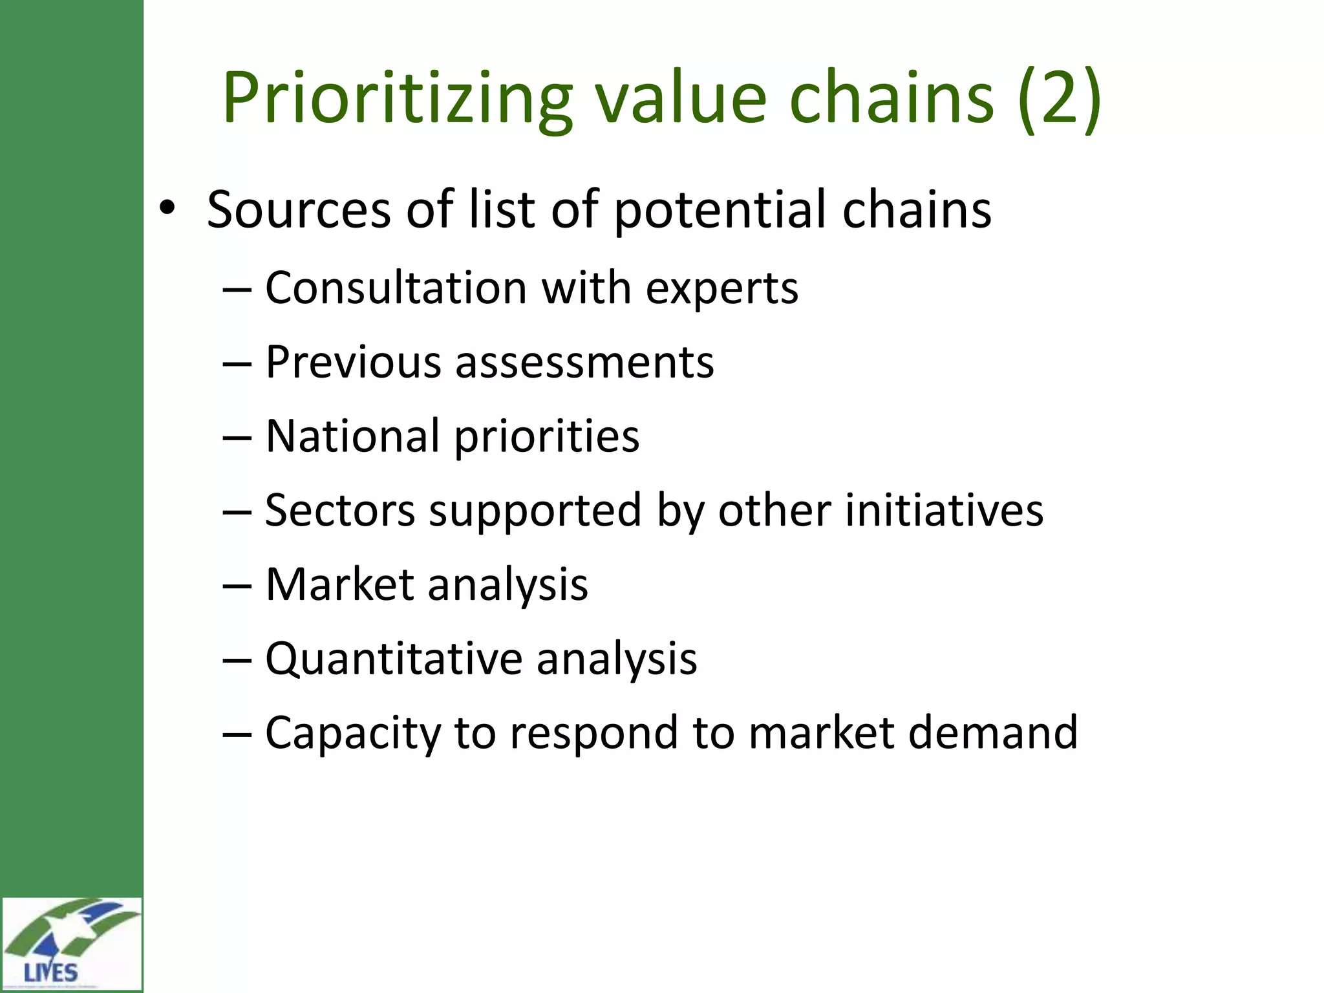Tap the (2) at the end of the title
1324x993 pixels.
[x=1060, y=98]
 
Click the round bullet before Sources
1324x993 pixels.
[x=167, y=208]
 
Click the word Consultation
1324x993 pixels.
[x=396, y=288]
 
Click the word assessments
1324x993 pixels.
[x=584, y=362]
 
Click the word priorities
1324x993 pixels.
[x=546, y=437]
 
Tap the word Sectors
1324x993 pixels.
[x=340, y=511]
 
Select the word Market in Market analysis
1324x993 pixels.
[x=339, y=584]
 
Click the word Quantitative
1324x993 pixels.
[x=393, y=659]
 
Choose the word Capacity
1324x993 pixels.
[x=352, y=733]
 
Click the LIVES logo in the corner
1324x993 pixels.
[x=71, y=944]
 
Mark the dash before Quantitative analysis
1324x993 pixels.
[x=236, y=660]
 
